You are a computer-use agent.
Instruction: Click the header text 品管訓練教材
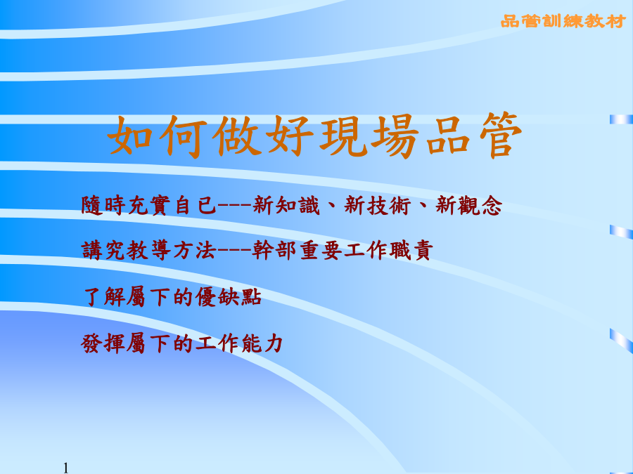pyautogui.click(x=563, y=21)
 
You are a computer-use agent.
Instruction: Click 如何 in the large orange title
pyautogui.click(x=158, y=136)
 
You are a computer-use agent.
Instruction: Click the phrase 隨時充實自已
pyautogui.click(x=149, y=205)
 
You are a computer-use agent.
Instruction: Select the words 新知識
pyautogui.click(x=286, y=205)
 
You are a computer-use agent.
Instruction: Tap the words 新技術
pyautogui.click(x=378, y=205)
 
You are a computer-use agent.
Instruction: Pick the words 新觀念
pyautogui.click(x=469, y=205)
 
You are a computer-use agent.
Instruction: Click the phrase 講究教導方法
pyautogui.click(x=149, y=250)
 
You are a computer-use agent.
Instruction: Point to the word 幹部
pyautogui.click(x=274, y=250)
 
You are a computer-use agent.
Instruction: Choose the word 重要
pyautogui.click(x=321, y=250)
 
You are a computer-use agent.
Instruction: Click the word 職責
pyautogui.click(x=411, y=250)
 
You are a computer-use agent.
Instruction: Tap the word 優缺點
pyautogui.click(x=229, y=297)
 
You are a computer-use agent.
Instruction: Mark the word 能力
pyautogui.click(x=263, y=343)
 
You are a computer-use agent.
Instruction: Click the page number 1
pyautogui.click(x=65, y=468)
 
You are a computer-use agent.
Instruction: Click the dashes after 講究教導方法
pyautogui.click(x=235, y=250)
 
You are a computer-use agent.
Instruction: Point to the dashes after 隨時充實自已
pyautogui.click(x=235, y=205)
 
